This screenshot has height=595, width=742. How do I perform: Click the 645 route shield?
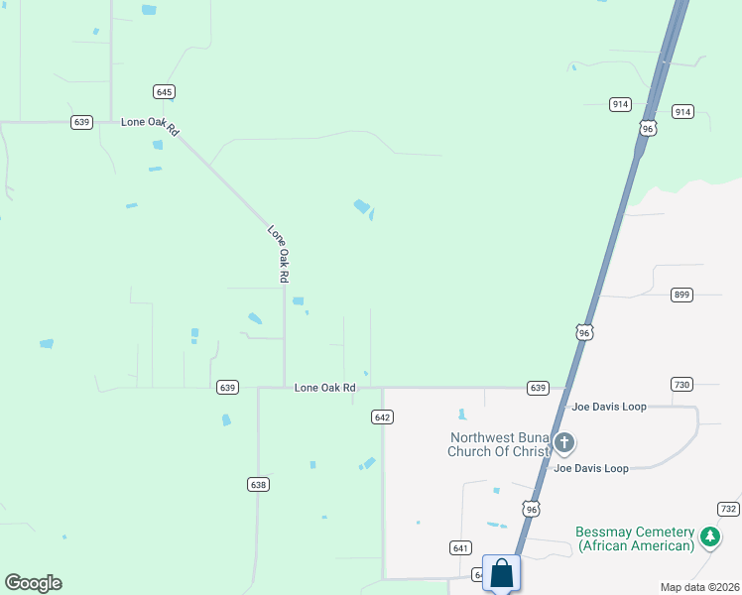click(x=165, y=92)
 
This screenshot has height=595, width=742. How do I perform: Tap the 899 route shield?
click(x=681, y=295)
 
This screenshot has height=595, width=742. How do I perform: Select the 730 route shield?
click(x=681, y=385)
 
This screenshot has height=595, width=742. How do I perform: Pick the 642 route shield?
click(x=384, y=417)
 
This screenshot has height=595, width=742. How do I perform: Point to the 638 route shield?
click(x=258, y=484)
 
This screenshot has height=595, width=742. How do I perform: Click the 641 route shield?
click(x=459, y=547)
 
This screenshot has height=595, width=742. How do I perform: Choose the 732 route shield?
click(x=729, y=509)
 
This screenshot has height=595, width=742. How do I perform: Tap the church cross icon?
click(x=564, y=442)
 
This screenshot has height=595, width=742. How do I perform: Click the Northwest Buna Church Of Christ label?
click(x=499, y=444)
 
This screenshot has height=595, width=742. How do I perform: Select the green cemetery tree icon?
click(x=709, y=536)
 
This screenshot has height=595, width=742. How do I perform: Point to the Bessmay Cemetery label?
click(x=635, y=538)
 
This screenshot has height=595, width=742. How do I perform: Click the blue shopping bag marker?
click(x=501, y=573)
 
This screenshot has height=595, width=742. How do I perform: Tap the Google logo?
click(x=33, y=583)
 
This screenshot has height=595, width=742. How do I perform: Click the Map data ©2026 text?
click(x=699, y=587)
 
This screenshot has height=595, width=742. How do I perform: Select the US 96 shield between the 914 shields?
click(x=648, y=129)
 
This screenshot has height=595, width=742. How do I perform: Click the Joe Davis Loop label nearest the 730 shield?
click(x=608, y=407)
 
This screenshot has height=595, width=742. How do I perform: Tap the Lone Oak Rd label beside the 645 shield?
click(x=150, y=125)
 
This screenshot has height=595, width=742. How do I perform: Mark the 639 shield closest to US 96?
click(x=538, y=388)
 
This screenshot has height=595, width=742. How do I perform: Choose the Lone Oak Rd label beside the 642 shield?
click(x=324, y=388)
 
